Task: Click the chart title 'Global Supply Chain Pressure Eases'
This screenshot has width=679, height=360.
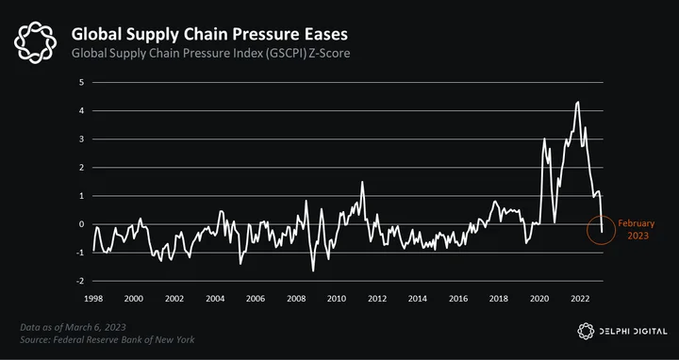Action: pos(209,34)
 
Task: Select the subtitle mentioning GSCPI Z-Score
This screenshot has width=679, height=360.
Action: pos(210,54)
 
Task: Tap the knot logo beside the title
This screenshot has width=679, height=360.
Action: pos(35,42)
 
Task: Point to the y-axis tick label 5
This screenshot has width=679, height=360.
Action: pos(81,82)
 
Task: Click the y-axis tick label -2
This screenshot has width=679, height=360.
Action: pos(80,281)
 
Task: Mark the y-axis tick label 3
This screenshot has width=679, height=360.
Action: pos(81,139)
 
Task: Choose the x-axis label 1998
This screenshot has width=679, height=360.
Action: pos(93,299)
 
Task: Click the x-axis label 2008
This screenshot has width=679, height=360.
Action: pos(296,299)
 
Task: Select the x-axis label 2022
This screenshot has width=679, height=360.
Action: pos(580,299)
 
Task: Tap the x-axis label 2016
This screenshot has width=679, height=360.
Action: pos(458,299)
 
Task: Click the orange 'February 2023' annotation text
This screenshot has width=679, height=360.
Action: pos(637,229)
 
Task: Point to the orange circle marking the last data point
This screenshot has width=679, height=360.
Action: pos(588,230)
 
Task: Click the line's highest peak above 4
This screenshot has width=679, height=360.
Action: pos(578,102)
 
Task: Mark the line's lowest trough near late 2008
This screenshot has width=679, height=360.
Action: pos(313,270)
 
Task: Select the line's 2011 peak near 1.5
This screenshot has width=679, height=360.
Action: pos(362,182)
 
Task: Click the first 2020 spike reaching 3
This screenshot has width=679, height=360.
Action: pos(544,139)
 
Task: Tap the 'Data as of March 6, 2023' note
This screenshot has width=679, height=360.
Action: pos(73,327)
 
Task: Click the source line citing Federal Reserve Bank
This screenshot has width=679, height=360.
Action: pos(108,339)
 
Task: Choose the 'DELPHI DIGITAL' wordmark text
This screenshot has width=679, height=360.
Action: pos(633,332)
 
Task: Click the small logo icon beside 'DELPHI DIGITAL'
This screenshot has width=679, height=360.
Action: pos(586,331)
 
